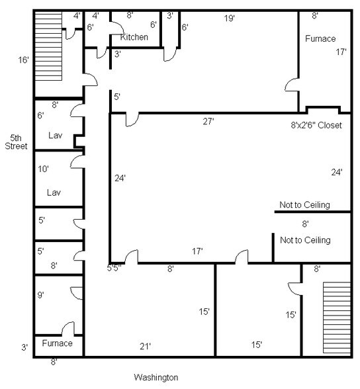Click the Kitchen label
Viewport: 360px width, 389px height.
[134, 37]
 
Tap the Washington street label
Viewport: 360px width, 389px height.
[156, 377]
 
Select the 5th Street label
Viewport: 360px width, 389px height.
[16, 142]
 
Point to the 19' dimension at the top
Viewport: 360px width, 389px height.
[229, 18]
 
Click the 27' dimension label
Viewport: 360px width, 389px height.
[208, 121]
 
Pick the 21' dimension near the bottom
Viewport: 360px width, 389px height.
[145, 346]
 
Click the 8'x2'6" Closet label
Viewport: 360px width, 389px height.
[316, 125]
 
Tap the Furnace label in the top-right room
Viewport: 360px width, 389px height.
[320, 38]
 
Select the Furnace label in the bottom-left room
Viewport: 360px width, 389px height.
[58, 343]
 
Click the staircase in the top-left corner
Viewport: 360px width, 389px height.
[48, 46]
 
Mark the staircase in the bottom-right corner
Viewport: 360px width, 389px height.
[337, 318]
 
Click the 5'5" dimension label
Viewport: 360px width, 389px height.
[114, 268]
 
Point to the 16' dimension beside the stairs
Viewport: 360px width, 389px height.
[24, 60]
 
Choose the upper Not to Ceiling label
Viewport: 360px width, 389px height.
[304, 204]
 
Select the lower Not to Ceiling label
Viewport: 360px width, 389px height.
[305, 240]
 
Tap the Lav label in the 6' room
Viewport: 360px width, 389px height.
[56, 135]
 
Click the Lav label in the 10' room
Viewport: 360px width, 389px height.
[54, 193]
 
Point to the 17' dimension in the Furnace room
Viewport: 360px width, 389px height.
[341, 52]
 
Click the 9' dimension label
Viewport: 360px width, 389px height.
[40, 295]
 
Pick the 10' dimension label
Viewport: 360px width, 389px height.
[43, 169]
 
